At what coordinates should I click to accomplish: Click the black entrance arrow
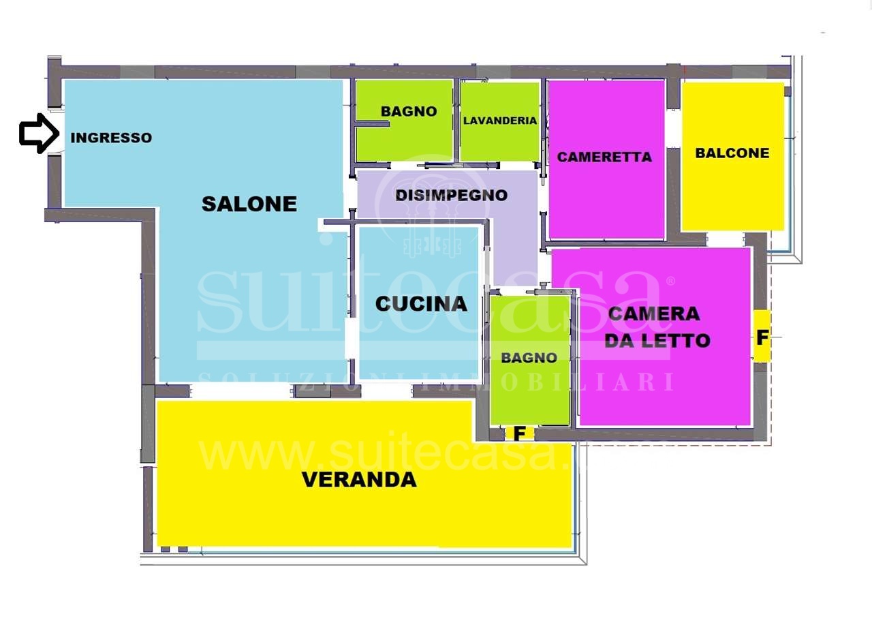[x=39, y=134]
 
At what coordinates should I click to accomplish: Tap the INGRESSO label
[x=111, y=138]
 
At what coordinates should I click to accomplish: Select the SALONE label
[x=249, y=204]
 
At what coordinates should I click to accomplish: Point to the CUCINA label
[x=421, y=304]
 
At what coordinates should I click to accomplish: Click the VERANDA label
[x=359, y=480]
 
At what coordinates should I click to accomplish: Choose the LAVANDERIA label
[x=500, y=121]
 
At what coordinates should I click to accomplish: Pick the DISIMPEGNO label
[x=452, y=196]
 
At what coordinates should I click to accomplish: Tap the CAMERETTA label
[x=604, y=157]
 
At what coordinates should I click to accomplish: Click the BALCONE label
[x=732, y=153]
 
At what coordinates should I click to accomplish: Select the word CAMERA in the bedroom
[x=654, y=314]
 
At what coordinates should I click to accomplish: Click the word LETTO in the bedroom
[x=676, y=341]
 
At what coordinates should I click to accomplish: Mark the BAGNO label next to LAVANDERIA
[x=409, y=111]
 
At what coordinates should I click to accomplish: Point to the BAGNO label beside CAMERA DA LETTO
[x=529, y=358]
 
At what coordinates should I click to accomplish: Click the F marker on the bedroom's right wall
[x=762, y=337]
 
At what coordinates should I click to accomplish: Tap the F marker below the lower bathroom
[x=519, y=433]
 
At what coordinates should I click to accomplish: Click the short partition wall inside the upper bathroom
[x=373, y=124]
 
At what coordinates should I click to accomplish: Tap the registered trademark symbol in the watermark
[x=670, y=281]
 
